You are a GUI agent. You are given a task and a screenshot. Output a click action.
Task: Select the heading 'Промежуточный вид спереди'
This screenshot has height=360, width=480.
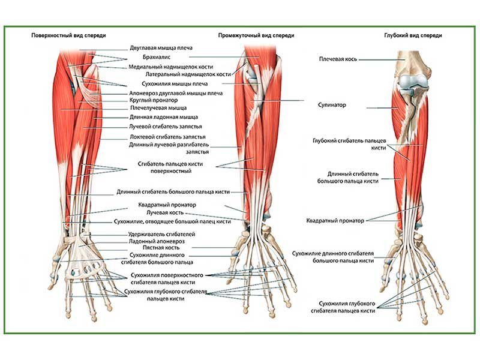256,35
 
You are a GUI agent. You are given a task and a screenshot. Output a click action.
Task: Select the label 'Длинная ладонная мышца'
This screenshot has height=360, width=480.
163,118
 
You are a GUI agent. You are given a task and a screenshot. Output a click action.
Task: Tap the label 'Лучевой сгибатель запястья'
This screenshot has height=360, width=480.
165,127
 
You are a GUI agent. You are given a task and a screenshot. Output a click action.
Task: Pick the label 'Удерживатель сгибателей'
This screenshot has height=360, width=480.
162,233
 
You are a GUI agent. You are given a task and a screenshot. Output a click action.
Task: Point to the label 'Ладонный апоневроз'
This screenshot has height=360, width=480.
157,241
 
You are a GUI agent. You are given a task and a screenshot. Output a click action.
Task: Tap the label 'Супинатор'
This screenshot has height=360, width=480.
332,105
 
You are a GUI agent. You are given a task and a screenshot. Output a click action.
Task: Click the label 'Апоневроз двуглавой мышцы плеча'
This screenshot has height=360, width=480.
176,94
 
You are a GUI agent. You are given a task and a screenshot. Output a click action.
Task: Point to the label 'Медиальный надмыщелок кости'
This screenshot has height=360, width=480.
171,67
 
